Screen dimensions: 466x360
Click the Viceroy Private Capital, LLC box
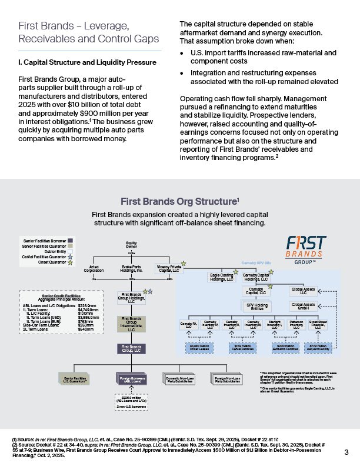pyautogui.click(x=169, y=269)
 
